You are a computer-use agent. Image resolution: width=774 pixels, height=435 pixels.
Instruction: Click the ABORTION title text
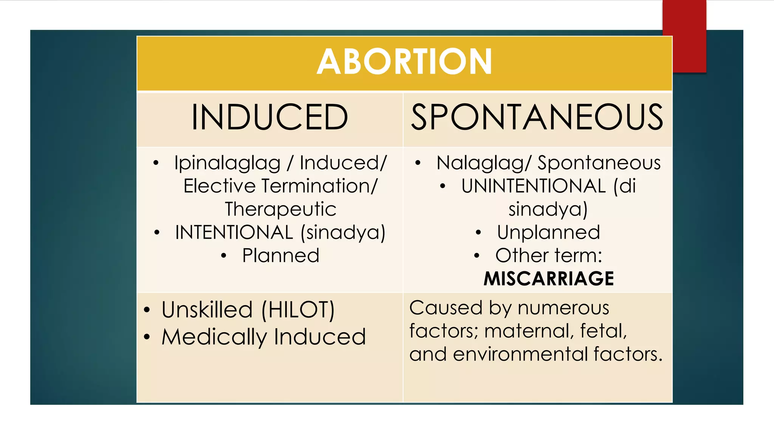pyautogui.click(x=404, y=62)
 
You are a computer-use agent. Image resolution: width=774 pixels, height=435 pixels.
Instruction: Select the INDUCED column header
pyautogui.click(x=269, y=117)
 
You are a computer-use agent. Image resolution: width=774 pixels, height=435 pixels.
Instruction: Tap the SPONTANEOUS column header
pyautogui.click(x=537, y=117)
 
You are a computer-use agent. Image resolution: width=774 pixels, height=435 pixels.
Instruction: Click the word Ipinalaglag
pyautogui.click(x=227, y=163)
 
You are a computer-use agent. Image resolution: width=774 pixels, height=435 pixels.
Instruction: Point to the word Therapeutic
pyautogui.click(x=280, y=209)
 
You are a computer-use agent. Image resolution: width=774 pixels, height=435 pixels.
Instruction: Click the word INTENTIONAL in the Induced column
pyautogui.click(x=234, y=232)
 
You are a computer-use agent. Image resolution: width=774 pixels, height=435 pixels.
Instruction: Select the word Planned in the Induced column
pyautogui.click(x=281, y=256)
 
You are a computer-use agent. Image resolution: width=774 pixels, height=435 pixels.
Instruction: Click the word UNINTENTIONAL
pyautogui.click(x=533, y=186)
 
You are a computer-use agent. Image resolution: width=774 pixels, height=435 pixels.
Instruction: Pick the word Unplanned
pyautogui.click(x=548, y=232)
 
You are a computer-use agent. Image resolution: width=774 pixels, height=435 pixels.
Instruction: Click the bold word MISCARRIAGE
pyautogui.click(x=549, y=279)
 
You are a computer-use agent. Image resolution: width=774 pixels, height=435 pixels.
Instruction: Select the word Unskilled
pyautogui.click(x=207, y=310)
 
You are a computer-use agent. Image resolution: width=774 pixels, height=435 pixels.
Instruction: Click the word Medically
pyautogui.click(x=214, y=337)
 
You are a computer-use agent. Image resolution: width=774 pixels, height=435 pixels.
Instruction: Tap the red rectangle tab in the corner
pyautogui.click(x=684, y=36)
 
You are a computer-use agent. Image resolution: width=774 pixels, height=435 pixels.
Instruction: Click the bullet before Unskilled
pyautogui.click(x=147, y=310)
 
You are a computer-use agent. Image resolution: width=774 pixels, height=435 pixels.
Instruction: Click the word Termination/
pyautogui.click(x=320, y=186)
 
